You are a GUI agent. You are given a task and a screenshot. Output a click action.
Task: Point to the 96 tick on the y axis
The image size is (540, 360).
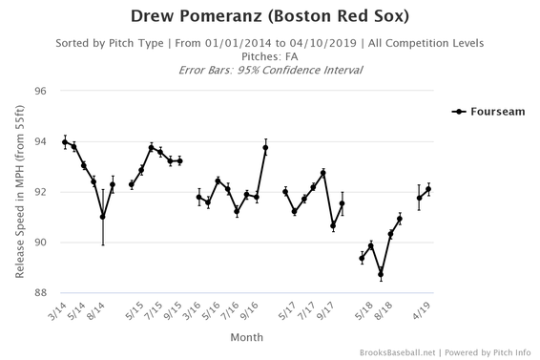(x=41, y=91)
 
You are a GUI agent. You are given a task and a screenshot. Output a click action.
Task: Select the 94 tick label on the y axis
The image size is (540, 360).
(x=41, y=141)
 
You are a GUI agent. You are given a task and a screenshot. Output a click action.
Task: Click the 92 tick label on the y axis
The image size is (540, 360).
(x=41, y=192)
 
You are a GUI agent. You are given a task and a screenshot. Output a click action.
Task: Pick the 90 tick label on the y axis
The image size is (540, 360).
(x=41, y=243)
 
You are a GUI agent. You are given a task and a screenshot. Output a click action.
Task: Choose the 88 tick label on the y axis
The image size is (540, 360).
(x=41, y=293)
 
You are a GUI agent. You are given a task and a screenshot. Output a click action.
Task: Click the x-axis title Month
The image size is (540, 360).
(x=248, y=337)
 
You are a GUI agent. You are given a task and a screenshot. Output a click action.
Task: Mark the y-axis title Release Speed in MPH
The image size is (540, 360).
(x=20, y=191)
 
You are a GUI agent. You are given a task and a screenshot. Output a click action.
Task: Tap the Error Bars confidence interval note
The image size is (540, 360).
(x=271, y=71)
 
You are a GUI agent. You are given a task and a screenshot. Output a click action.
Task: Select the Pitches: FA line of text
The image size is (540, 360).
(x=271, y=57)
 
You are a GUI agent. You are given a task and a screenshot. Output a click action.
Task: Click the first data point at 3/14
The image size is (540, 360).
(x=65, y=142)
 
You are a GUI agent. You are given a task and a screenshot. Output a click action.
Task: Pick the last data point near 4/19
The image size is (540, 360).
(x=428, y=189)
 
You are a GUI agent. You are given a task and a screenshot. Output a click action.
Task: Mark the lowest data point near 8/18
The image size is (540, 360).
(x=381, y=274)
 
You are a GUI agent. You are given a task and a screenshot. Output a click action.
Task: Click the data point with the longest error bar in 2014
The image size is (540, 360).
(x=103, y=217)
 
